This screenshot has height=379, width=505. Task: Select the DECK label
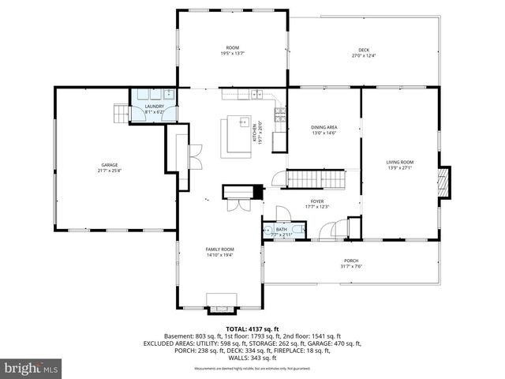[364, 49]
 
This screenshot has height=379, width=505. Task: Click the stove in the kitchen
[279, 116]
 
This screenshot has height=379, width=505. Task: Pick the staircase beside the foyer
[316, 179]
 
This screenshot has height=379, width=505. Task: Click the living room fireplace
[446, 182]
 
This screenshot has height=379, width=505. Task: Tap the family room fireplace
[220, 300]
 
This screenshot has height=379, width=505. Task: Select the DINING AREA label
[324, 127]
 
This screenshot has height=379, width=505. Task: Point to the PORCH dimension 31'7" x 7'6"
[351, 266]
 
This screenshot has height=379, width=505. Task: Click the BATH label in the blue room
[282, 229]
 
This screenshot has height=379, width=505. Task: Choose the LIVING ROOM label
[400, 161]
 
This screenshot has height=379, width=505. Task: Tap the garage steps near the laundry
[119, 114]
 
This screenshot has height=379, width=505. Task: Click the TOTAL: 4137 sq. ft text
[252, 328]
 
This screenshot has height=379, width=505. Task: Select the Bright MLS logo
[32, 368]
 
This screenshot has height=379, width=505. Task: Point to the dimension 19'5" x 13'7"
[233, 54]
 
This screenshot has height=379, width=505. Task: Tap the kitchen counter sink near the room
[256, 95]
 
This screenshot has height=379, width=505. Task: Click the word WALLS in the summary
[235, 358]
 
